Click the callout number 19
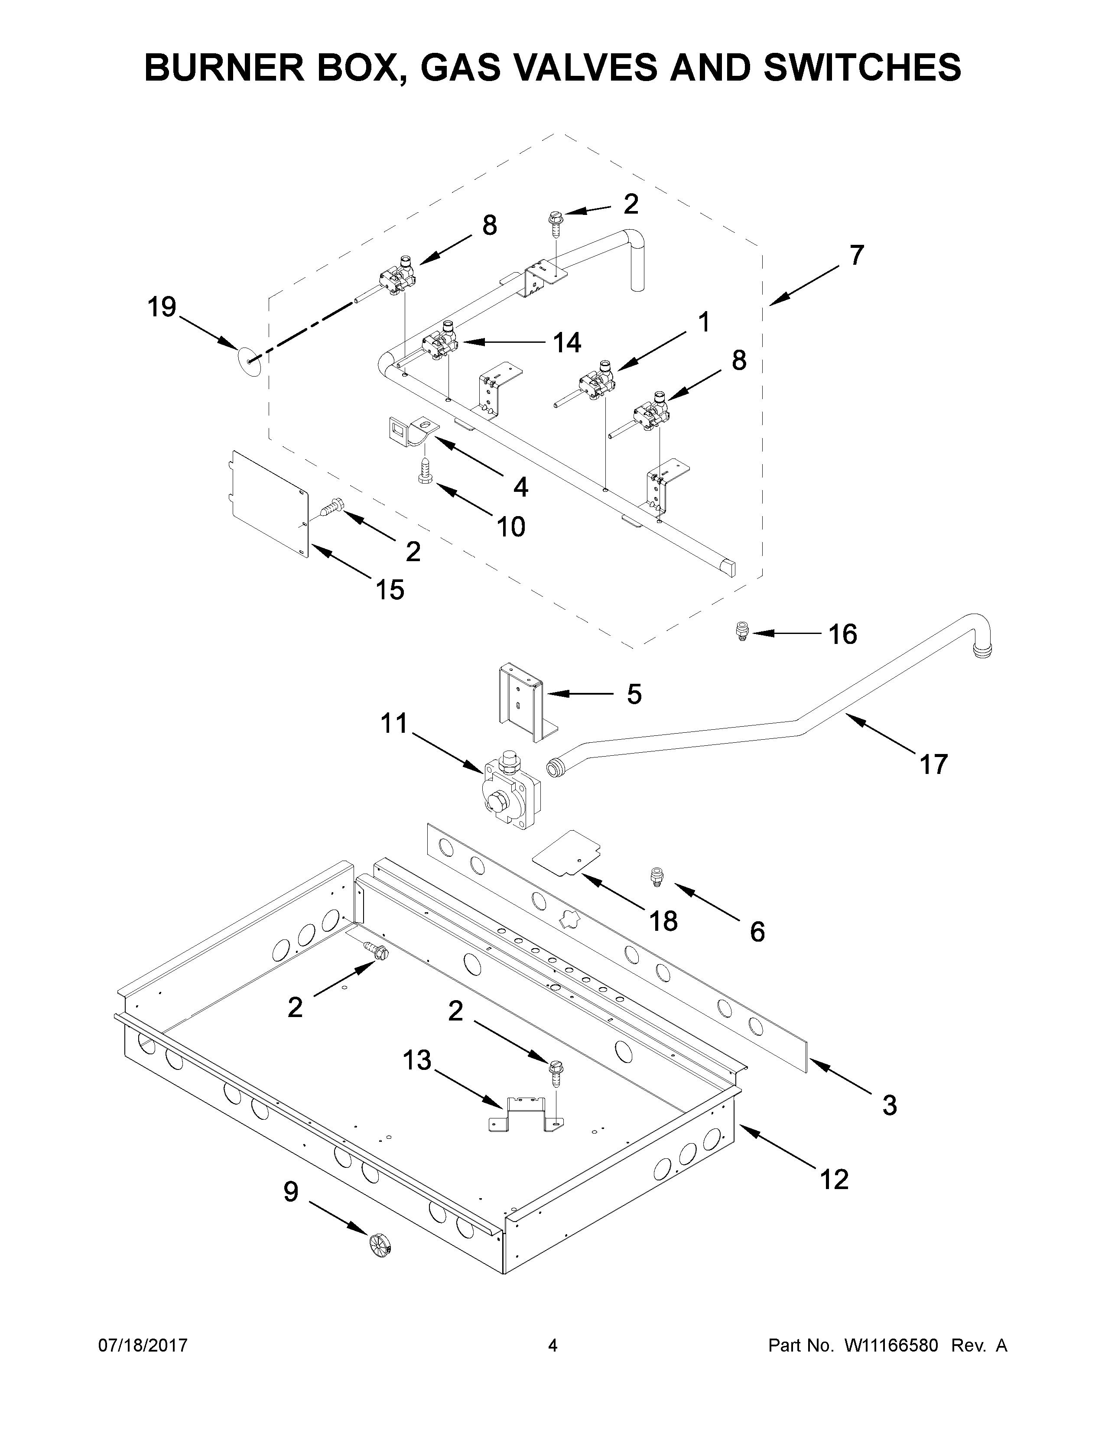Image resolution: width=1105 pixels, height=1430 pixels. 162,307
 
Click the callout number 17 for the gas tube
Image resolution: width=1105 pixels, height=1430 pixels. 933,764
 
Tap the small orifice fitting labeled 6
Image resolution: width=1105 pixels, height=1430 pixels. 655,875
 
